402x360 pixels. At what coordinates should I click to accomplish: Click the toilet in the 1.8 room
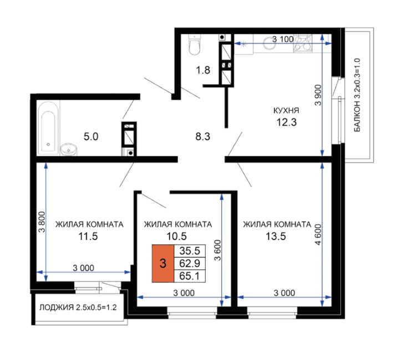click(x=194, y=44)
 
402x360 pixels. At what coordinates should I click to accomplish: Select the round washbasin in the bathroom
click(x=69, y=150)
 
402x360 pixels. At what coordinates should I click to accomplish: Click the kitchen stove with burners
click(x=303, y=44)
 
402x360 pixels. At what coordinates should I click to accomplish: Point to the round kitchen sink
click(x=269, y=43)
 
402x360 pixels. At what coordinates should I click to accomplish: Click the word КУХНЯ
click(x=286, y=111)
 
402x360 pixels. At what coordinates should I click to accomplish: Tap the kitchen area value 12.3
click(x=286, y=122)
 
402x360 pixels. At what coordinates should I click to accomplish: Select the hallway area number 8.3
click(x=203, y=137)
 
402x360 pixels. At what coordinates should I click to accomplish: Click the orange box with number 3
click(x=163, y=264)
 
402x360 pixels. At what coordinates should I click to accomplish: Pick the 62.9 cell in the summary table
click(x=190, y=263)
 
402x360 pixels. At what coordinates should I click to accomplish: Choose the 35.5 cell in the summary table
click(x=190, y=251)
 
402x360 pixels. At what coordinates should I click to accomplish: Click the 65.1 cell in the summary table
click(x=190, y=276)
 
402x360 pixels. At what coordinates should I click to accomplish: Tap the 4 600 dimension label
click(x=318, y=234)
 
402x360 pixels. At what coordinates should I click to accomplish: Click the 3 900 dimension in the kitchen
click(x=318, y=95)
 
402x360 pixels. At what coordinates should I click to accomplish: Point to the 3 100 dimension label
click(x=283, y=39)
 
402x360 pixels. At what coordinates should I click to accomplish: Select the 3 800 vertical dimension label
click(x=42, y=222)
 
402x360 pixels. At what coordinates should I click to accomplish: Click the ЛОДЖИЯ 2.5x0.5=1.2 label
click(x=78, y=307)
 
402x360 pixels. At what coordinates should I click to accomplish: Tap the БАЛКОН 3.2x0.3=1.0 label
click(x=357, y=95)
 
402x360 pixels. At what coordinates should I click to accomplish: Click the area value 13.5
click(x=276, y=236)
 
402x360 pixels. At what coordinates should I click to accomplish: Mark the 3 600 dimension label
click(x=218, y=250)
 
